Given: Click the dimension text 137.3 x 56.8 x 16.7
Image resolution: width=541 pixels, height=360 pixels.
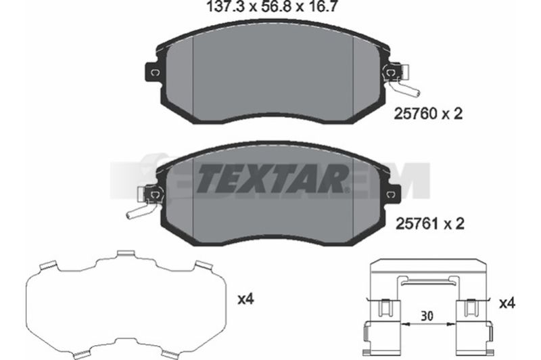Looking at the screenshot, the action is (271, 7).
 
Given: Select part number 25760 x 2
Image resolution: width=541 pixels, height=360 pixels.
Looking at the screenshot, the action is (428, 114).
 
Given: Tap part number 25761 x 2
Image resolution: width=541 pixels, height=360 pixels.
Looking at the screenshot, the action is (429, 224).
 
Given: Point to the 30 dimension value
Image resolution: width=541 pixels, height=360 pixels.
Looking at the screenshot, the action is (427, 316).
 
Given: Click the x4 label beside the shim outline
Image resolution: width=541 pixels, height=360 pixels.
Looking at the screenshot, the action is (245, 299).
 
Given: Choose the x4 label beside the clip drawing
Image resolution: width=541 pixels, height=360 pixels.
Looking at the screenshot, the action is (507, 303).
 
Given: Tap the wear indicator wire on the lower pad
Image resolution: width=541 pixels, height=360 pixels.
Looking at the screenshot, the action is (141, 211).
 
